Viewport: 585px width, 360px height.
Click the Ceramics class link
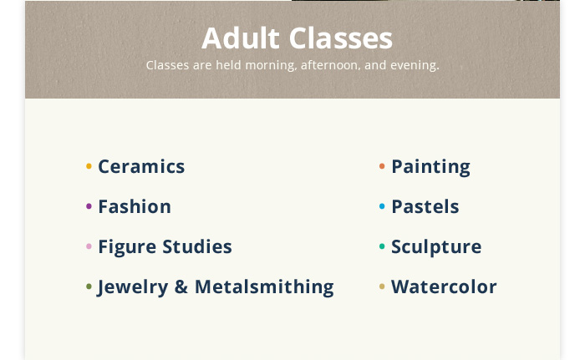[141, 166]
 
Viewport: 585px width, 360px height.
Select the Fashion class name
[135, 206]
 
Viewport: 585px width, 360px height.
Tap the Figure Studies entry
[165, 247]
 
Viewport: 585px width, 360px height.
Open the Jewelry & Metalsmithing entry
[216, 287]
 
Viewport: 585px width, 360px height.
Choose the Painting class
[431, 167]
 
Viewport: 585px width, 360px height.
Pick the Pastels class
[425, 206]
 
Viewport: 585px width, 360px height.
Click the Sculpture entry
[436, 247]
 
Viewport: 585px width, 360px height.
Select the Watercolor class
[444, 286]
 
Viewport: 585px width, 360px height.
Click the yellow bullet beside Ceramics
[89, 166]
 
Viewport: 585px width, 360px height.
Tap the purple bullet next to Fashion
[89, 206]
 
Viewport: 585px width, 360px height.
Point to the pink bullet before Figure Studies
[89, 246]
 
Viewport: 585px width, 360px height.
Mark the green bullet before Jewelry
[89, 286]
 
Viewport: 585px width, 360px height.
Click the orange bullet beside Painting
[382, 166]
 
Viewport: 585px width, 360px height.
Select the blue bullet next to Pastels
[382, 206]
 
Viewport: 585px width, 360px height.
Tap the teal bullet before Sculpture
[382, 246]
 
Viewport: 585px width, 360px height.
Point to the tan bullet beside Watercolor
[382, 286]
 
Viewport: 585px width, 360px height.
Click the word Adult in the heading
[241, 38]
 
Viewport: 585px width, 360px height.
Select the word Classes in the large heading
[341, 38]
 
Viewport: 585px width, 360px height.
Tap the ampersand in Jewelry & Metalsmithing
[181, 286]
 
